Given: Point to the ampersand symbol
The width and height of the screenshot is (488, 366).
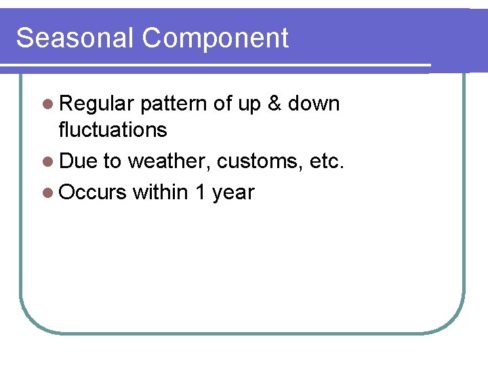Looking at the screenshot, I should [x=274, y=104].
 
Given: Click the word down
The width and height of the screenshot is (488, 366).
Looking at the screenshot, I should [x=314, y=104].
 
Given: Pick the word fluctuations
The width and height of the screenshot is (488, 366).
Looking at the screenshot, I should [x=113, y=129].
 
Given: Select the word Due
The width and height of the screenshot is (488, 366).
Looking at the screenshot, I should [x=78, y=161].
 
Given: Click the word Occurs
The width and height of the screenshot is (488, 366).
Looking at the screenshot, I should [x=93, y=192].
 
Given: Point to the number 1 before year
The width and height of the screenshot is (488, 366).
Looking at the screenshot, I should [x=200, y=192].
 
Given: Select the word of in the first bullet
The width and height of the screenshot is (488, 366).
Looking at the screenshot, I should [x=222, y=104].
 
